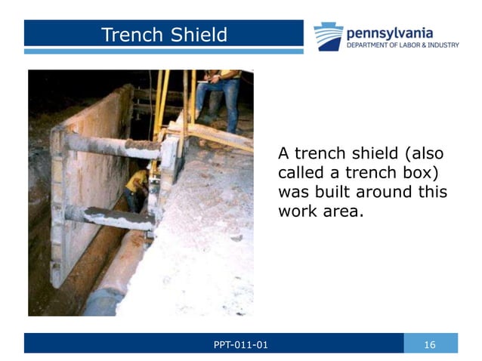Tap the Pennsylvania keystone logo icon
pos(328,36)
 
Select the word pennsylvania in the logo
pos(389,32)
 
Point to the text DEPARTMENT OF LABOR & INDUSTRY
pos(402,45)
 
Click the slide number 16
pos(430,345)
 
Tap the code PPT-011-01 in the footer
pos(240,345)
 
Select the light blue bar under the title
pos(163,51)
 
